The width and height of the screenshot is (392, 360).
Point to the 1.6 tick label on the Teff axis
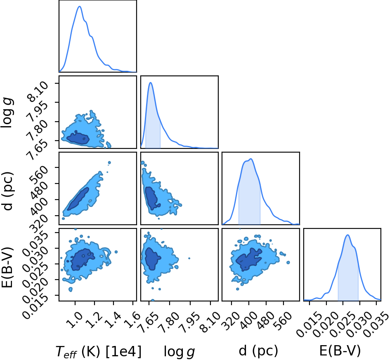(133, 320)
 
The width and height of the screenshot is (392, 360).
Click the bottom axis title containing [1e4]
(99, 351)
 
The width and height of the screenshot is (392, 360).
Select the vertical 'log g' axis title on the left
(7, 113)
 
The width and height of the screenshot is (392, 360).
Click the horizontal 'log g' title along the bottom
(179, 352)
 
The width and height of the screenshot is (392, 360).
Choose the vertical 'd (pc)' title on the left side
(7, 191)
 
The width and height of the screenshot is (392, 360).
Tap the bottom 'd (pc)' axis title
(258, 351)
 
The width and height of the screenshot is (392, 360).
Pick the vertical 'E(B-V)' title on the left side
(7, 267)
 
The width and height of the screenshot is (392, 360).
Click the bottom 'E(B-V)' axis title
(340, 351)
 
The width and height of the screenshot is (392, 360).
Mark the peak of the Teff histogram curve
(80, 7)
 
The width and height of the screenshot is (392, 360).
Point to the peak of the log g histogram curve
(151, 83)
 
